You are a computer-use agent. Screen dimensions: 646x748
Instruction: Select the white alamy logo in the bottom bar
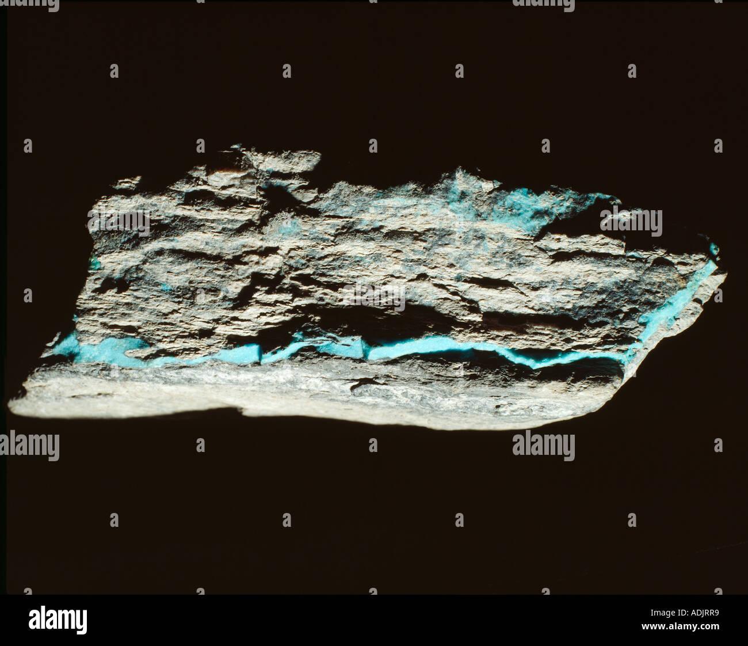(58, 620)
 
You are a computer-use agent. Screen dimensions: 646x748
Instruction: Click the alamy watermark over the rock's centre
(373, 296)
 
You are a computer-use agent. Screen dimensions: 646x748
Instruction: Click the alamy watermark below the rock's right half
(543, 446)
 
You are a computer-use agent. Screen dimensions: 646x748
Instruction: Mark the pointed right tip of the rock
(724, 275)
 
